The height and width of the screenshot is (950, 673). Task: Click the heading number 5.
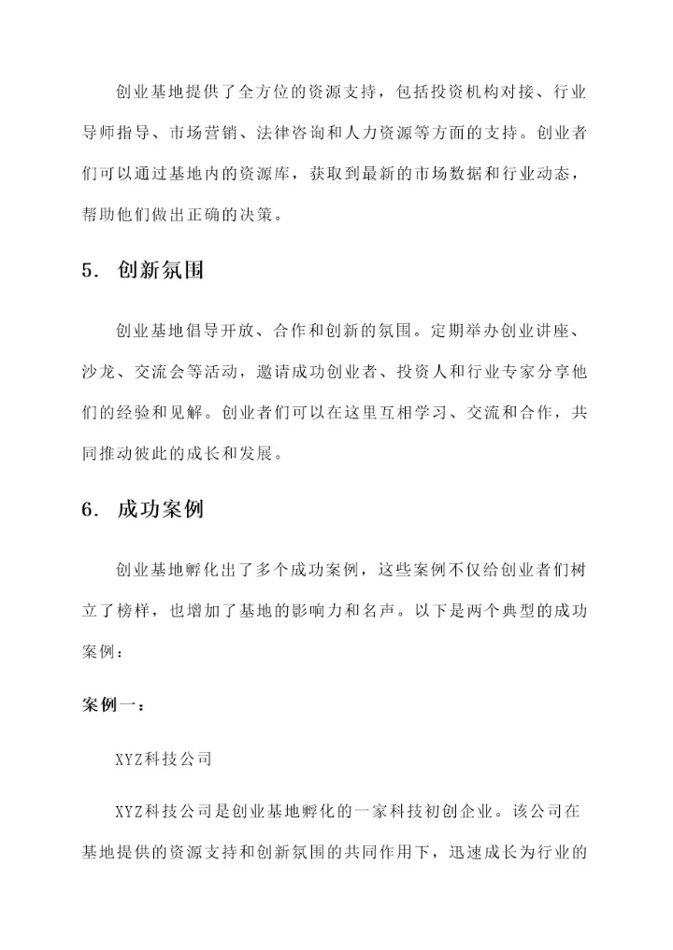point(88,271)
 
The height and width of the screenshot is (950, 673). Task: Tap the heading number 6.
point(88,510)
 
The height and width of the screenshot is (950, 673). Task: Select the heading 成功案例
point(161,510)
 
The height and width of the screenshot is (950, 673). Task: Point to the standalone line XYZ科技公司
point(163,759)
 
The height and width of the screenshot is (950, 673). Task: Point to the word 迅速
point(467,852)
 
